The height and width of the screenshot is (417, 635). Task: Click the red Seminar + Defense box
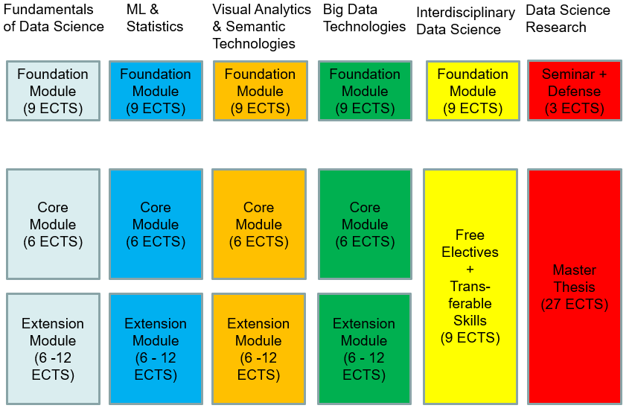tap(574, 91)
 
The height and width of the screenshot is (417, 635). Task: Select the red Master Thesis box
tap(574, 287)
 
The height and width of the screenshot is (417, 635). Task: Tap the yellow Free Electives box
tap(470, 287)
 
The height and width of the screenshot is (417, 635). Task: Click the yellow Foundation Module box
tap(473, 91)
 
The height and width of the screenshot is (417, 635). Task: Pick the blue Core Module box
tap(156, 224)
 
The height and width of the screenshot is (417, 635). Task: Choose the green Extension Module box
tap(365, 349)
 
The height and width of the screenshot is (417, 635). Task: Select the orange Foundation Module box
tap(261, 91)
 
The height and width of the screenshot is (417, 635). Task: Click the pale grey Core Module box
tap(53, 224)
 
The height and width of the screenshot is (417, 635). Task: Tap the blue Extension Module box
tap(156, 349)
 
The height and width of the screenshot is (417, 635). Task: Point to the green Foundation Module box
tap(365, 91)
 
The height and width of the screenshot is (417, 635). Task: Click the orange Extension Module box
tap(259, 349)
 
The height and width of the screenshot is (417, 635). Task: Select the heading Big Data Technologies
tap(364, 18)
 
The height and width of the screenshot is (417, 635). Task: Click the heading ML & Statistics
tap(155, 18)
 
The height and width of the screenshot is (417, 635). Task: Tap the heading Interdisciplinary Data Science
tap(466, 21)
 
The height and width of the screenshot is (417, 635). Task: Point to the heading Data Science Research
tap(568, 19)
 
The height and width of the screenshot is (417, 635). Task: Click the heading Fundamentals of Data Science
tap(54, 18)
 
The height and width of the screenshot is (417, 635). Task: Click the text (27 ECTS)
tap(574, 304)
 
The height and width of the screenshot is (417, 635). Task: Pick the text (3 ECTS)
tap(574, 108)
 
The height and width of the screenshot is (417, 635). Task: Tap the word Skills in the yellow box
tap(470, 320)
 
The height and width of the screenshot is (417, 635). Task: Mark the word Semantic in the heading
tap(255, 26)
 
